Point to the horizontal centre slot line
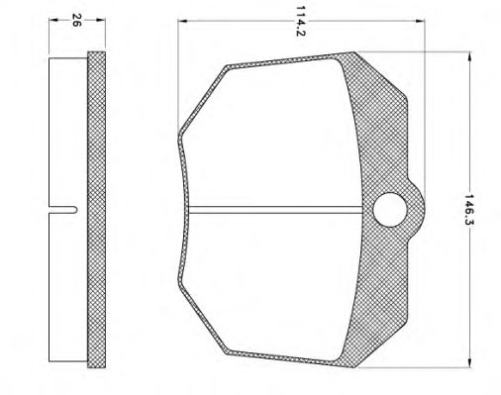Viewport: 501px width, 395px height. [x=277, y=208]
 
